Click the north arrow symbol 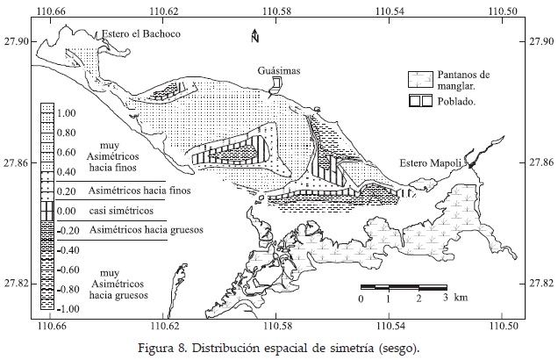253,36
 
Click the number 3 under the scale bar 446,299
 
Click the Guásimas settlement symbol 275,83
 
